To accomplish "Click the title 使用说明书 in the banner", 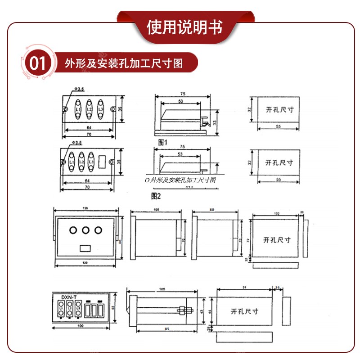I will (184, 27).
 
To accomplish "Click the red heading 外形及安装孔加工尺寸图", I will (124, 63).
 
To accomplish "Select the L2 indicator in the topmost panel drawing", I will (89, 109).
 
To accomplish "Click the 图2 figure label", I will (156, 196).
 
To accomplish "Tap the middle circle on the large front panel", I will (85, 230).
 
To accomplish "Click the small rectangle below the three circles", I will (85, 247).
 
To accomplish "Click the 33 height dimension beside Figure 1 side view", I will (215, 122).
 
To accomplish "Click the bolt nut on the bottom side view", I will (184, 310).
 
